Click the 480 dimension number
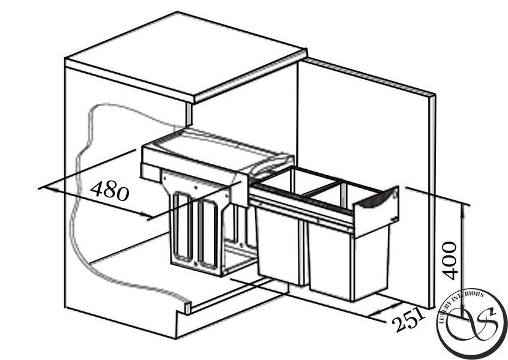click(x=109, y=191)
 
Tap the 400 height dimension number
click(x=450, y=260)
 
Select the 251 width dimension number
click(x=408, y=320)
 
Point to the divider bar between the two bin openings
click(x=321, y=190)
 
